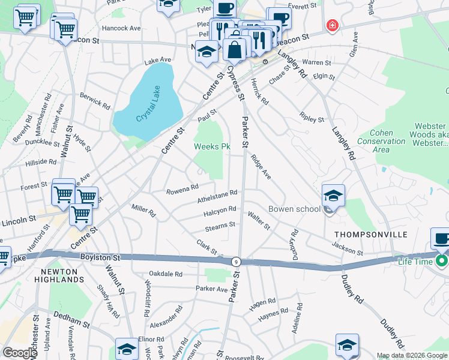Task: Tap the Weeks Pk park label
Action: point(211,146)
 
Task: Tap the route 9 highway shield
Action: point(237,262)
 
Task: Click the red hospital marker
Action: point(331,26)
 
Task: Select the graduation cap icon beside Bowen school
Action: point(333,196)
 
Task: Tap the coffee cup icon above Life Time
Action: point(442,239)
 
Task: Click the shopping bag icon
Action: point(235,49)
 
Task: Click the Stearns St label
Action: point(220,226)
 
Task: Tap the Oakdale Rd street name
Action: point(166,274)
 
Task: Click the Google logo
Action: point(19,353)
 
